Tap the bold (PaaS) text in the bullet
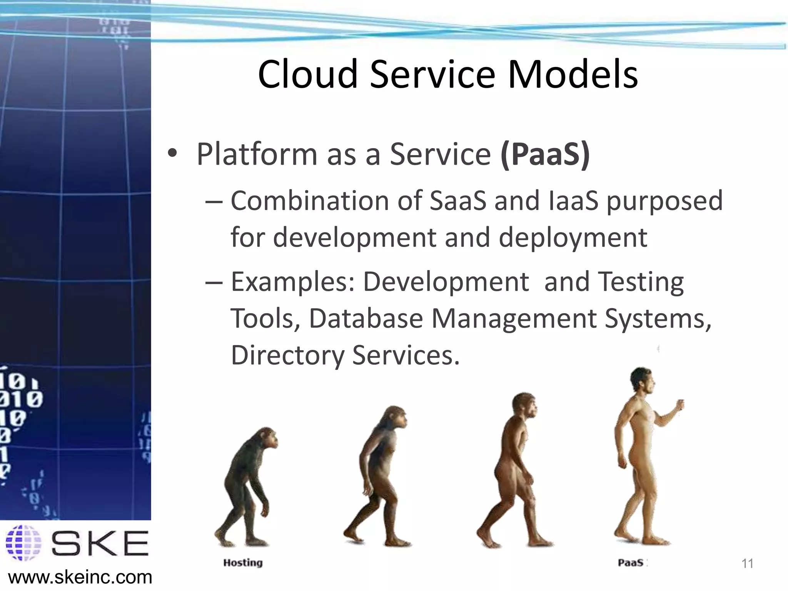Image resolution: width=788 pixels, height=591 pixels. [545, 154]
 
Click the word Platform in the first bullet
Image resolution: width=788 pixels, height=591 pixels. [257, 154]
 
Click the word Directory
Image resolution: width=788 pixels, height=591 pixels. [287, 355]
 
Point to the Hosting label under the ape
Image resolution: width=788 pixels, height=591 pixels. [243, 563]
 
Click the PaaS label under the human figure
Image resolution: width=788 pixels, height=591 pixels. [630, 563]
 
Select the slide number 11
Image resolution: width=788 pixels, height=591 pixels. [747, 564]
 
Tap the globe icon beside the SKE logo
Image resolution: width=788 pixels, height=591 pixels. [23, 543]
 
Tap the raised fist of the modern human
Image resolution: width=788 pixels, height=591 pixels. [680, 405]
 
